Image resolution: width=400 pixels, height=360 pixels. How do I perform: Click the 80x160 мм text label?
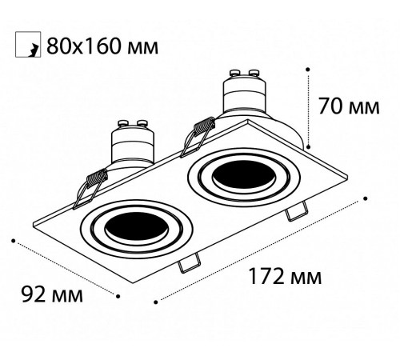pos(101,46)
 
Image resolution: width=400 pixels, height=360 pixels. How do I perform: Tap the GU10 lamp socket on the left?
pos(134,144)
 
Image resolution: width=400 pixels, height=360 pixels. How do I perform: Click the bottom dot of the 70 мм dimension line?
pos(309,146)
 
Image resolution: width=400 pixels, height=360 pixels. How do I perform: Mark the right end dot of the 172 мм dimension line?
pos(366,196)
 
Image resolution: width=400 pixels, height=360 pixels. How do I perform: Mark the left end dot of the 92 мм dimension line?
pos(14,238)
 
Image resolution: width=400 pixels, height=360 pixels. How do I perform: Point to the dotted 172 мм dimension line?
pos(260,248)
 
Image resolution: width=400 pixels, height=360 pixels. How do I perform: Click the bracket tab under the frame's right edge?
pos(295,212)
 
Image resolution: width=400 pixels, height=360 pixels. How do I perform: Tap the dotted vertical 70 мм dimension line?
pos(309,108)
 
